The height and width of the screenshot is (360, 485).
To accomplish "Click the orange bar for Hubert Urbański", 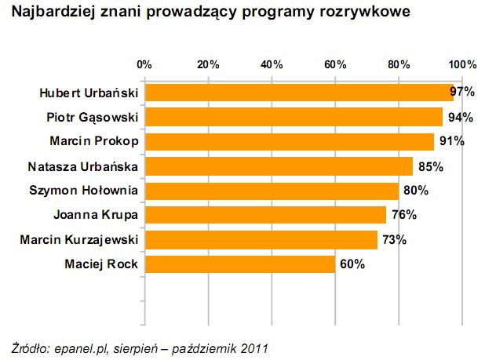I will click(298, 93).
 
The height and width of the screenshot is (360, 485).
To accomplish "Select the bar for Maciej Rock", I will click(239, 264).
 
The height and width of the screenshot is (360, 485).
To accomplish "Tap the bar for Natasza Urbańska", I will click(279, 166).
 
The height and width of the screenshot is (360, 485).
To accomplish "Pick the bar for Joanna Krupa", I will click(265, 215).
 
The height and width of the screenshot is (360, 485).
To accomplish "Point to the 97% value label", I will click(462, 93).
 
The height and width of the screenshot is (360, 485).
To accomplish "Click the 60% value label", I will click(352, 264).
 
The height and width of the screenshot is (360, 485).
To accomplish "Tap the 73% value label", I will click(393, 240).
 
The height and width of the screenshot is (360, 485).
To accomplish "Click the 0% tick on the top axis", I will click(144, 64).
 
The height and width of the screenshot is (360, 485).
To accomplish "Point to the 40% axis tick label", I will click(272, 64).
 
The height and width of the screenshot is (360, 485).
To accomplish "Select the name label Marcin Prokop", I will click(94, 142).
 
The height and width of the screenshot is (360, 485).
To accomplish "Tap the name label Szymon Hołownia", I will click(83, 191).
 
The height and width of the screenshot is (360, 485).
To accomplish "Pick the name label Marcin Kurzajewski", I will click(79, 239).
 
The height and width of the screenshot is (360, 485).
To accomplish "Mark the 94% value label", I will click(461, 118).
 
